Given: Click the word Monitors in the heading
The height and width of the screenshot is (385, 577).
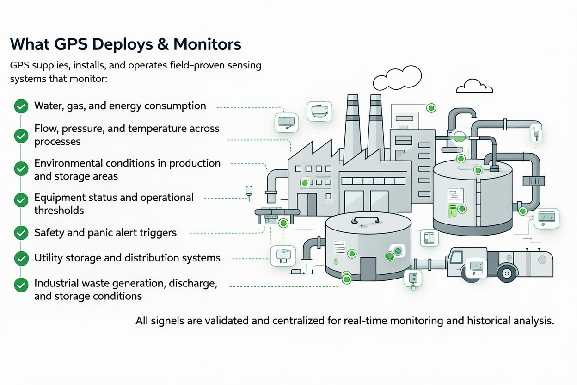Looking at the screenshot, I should click(207, 44).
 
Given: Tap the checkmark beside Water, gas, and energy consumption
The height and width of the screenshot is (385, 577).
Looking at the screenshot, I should click(21, 106).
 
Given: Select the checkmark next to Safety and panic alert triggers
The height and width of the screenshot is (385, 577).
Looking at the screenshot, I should click(21, 233).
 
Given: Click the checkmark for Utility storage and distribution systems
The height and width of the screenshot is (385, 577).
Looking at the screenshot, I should click(21, 258).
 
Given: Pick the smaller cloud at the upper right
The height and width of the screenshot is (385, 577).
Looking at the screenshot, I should click(473, 87).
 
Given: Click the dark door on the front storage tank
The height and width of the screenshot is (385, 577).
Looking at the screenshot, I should click(368, 269).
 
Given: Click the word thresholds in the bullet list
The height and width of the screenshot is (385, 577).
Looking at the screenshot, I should click(59, 211).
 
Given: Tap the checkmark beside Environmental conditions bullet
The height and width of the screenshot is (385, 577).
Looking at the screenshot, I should click(21, 169).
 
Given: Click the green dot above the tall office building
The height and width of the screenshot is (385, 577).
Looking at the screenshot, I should click(431, 108).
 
